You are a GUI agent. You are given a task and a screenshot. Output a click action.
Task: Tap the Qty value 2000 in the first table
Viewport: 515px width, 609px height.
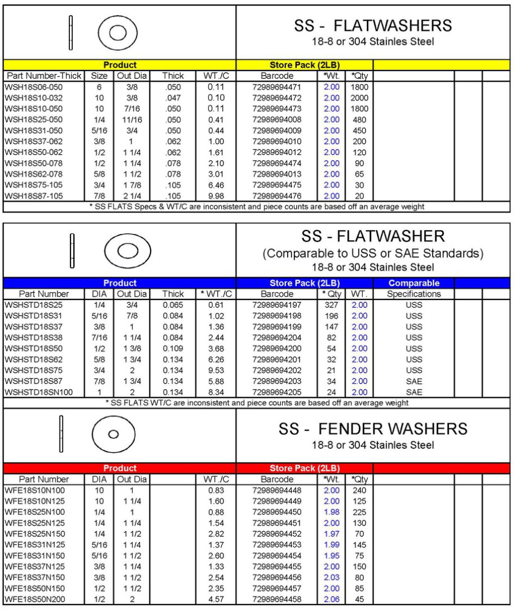(359, 97)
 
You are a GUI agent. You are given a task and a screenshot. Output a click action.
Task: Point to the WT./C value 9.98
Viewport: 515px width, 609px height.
(216, 195)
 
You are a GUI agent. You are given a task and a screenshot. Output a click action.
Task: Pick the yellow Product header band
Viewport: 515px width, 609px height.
(120, 65)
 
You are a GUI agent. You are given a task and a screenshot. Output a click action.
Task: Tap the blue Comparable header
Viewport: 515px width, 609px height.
(413, 283)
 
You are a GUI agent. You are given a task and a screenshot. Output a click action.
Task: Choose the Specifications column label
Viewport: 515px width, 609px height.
(413, 294)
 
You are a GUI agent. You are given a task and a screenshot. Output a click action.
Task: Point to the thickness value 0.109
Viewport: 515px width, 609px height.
(173, 348)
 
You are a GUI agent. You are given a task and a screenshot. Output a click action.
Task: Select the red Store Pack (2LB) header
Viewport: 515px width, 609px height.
(305, 468)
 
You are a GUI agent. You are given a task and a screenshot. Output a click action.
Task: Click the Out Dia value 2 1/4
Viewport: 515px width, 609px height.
(129, 195)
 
